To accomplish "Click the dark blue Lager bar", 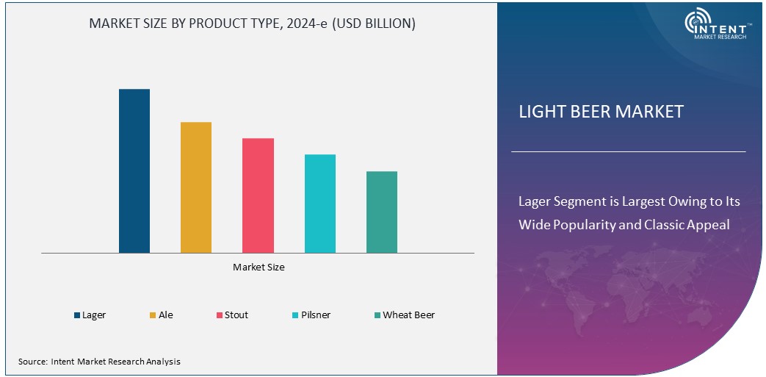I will click(x=134, y=170).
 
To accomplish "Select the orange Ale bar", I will click(x=196, y=187).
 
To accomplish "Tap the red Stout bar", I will click(x=258, y=195).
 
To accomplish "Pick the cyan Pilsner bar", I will click(x=319, y=204).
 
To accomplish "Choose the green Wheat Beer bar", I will click(x=382, y=212).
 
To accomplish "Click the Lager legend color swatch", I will click(x=77, y=315).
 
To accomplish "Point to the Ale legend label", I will click(x=166, y=315).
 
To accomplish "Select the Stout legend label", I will click(x=236, y=315).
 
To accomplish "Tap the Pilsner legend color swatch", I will click(x=295, y=315).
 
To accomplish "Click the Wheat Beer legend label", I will click(x=409, y=315).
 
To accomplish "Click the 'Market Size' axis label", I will click(x=259, y=268).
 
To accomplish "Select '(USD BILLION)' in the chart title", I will click(x=373, y=24).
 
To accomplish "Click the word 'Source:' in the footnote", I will click(x=33, y=362).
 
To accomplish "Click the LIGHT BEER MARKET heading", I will click(x=601, y=112).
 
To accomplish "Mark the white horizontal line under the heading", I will click(x=628, y=152).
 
